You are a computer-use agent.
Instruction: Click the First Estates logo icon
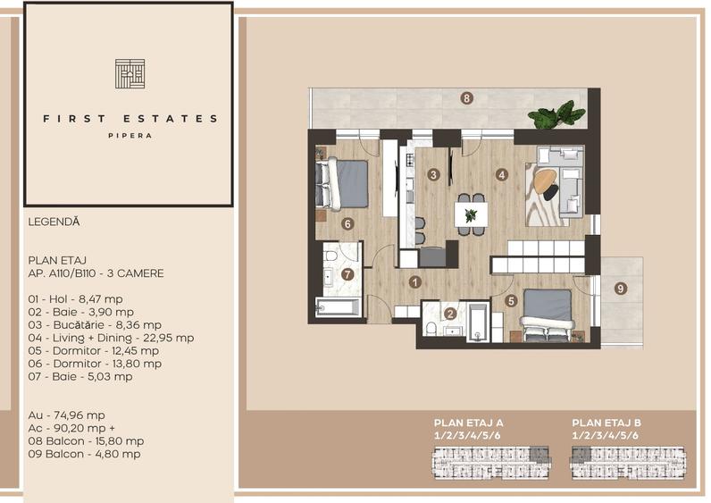point(130,73)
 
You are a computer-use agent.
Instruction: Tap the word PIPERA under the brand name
point(130,136)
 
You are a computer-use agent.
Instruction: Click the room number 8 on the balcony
point(466,97)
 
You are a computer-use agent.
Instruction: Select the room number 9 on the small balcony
point(620,288)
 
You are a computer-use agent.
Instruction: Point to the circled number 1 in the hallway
point(414,282)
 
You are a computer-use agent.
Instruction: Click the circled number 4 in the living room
point(502,175)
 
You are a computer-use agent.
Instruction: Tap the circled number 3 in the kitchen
point(432,175)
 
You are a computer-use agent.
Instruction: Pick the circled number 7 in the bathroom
point(347,274)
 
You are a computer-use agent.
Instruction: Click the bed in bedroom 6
point(342,182)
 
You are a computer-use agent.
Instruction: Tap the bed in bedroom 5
point(546,312)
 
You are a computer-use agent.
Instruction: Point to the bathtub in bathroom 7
point(338,309)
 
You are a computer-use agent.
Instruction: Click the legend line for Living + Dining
point(111,338)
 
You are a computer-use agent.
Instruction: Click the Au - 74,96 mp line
point(67,415)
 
